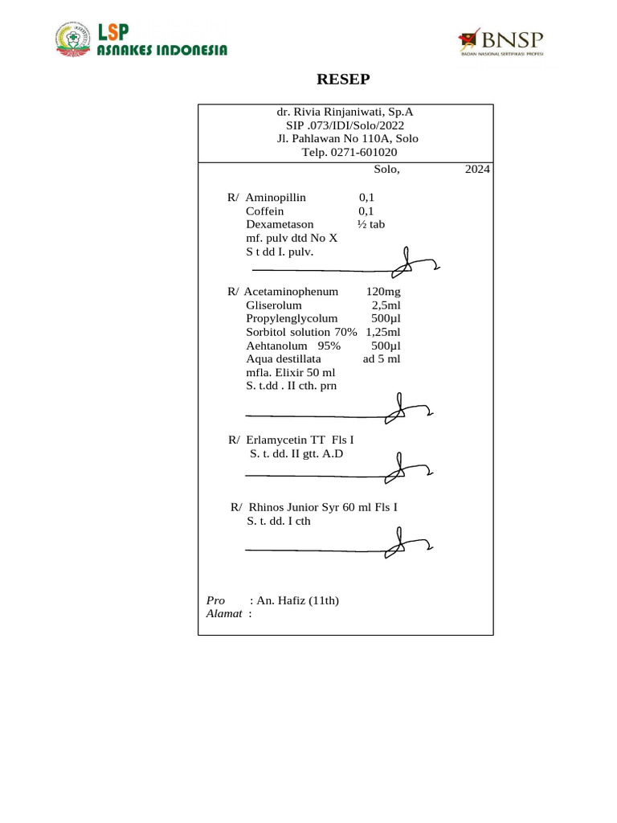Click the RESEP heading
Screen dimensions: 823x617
(344, 79)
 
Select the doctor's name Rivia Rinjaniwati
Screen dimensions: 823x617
(353, 112)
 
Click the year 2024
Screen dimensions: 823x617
(477, 170)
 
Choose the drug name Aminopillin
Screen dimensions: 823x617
(276, 197)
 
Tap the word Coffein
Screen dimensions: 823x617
(264, 211)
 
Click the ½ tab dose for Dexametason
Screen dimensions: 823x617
(371, 224)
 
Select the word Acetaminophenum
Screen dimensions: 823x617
(291, 291)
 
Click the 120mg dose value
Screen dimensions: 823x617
(383, 291)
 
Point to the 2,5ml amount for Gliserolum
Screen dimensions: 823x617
(386, 305)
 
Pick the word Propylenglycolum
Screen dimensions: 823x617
(292, 318)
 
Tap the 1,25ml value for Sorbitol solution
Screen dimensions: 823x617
(383, 332)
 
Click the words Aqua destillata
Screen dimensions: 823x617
(284, 358)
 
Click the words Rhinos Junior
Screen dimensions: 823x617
(286, 507)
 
